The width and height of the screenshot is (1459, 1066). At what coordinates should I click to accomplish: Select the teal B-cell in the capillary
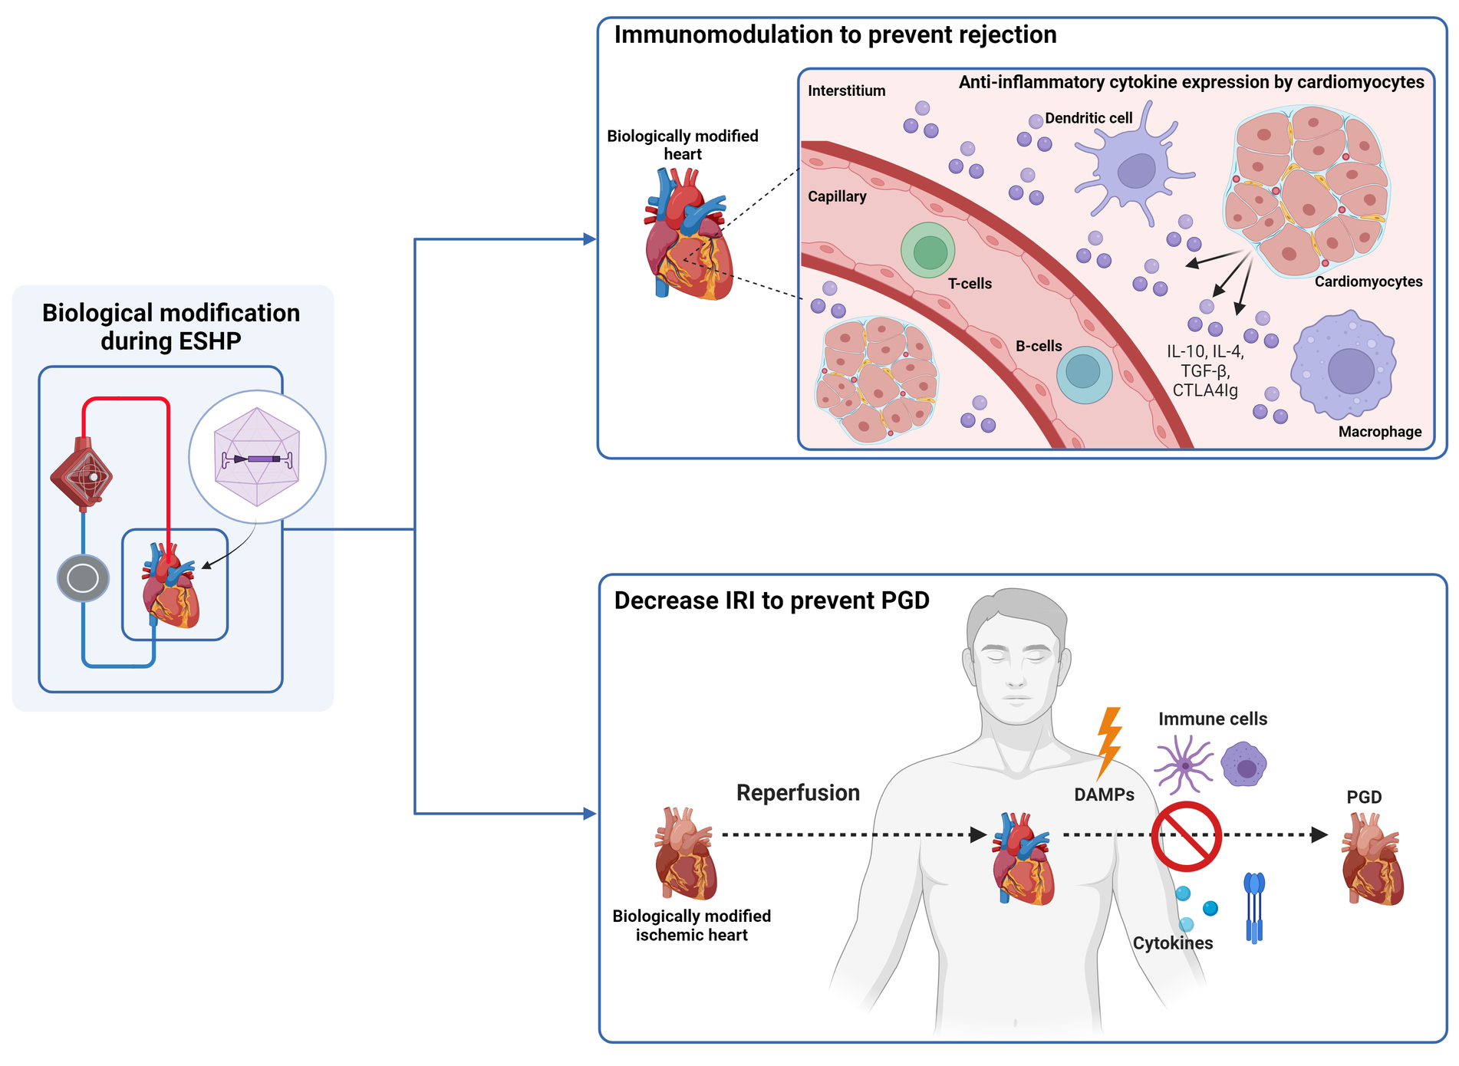pyautogui.click(x=1084, y=374)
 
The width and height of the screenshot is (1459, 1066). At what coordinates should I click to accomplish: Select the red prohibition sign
pyautogui.click(x=1186, y=836)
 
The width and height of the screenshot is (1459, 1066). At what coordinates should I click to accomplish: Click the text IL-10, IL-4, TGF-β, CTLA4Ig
pyautogui.click(x=1205, y=371)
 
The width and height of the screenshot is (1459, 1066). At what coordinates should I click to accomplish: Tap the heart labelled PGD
pyautogui.click(x=1372, y=859)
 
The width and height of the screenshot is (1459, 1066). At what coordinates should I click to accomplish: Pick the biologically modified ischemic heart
pyautogui.click(x=685, y=853)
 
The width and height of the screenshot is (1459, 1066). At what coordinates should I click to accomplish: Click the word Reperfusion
pyautogui.click(x=798, y=792)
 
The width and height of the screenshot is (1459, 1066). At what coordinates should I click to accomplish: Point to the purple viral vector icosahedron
pyautogui.click(x=257, y=457)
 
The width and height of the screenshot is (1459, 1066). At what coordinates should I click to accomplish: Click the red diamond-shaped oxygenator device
pyautogui.click(x=81, y=475)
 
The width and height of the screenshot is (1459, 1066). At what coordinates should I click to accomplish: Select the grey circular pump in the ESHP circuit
pyautogui.click(x=83, y=578)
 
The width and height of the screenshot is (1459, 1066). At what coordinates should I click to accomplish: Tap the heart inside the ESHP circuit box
pyautogui.click(x=171, y=587)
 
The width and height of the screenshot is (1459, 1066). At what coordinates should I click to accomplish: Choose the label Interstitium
pyautogui.click(x=846, y=90)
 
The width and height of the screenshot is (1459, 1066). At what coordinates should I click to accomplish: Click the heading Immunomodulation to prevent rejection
pyautogui.click(x=835, y=35)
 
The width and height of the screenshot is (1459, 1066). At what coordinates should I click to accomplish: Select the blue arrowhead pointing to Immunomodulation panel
pyautogui.click(x=589, y=239)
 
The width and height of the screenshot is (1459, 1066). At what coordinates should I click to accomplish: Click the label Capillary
pyautogui.click(x=836, y=196)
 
